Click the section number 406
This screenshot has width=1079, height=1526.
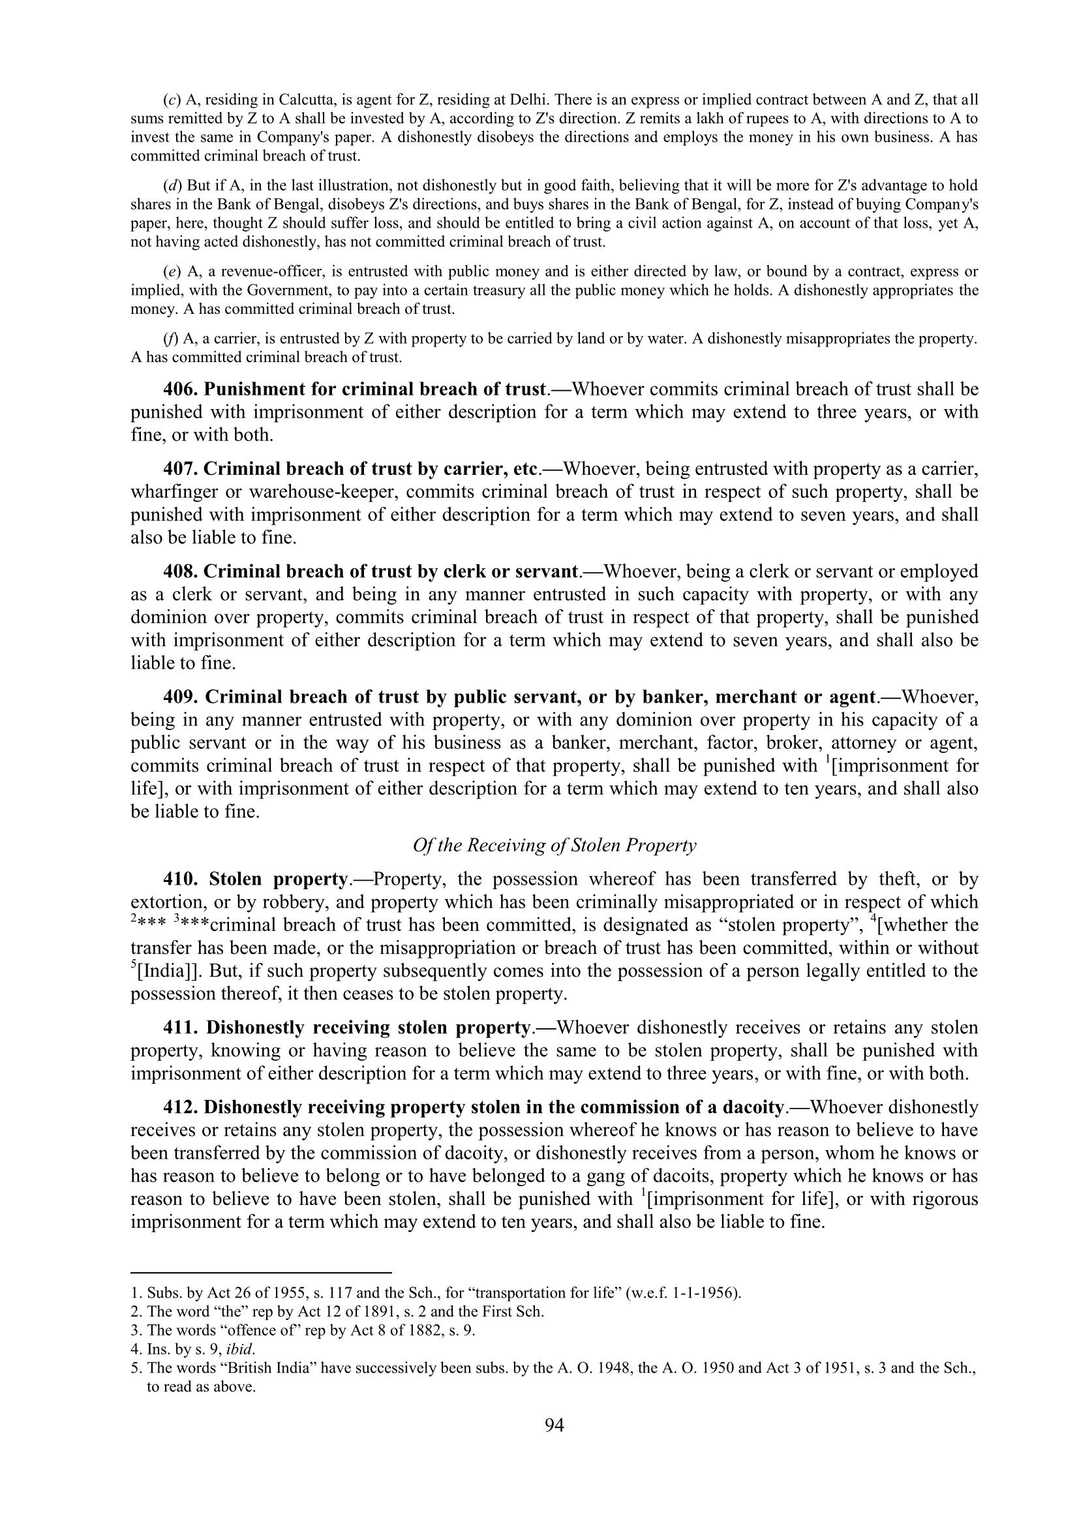[180, 389]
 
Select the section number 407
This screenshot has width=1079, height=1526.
[180, 469]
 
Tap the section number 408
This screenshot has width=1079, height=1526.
[180, 572]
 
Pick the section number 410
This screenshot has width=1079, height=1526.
[180, 879]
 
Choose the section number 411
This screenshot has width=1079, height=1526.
[179, 1028]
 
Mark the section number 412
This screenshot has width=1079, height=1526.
[180, 1107]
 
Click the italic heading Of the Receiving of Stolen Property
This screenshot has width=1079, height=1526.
[554, 846]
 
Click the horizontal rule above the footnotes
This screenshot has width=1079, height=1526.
[261, 1274]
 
